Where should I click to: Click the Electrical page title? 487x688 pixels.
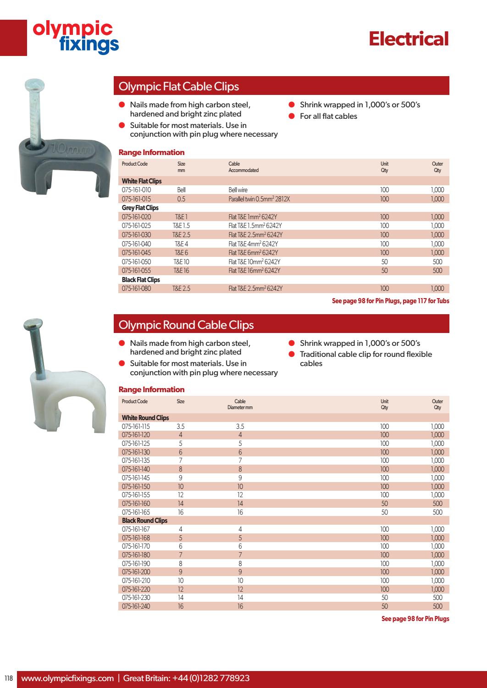(409, 39)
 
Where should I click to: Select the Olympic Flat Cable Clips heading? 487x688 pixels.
(179, 86)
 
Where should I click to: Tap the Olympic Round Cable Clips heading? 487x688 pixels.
(186, 325)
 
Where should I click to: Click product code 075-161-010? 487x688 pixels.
(136, 190)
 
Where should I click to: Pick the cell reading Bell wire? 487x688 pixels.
(238, 190)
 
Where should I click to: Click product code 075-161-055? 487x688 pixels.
(136, 271)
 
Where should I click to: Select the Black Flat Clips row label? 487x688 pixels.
(141, 280)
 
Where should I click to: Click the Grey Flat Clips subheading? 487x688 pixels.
(140, 208)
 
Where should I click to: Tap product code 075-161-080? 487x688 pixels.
(136, 289)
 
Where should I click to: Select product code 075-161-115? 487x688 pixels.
(136, 426)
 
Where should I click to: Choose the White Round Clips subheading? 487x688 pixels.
(145, 418)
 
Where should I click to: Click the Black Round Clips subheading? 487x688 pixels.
(144, 521)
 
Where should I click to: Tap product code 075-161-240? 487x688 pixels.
(136, 606)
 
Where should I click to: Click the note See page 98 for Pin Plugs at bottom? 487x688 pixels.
(415, 619)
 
